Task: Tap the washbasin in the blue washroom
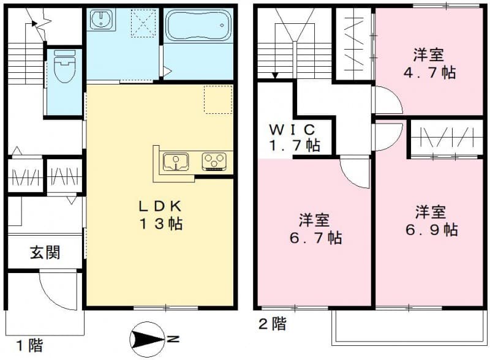pos(99,21)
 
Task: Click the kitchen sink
pos(176,162)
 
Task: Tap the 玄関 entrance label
pos(45,252)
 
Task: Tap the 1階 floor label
pos(29,346)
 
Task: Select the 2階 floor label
pos(271,324)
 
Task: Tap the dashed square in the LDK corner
pos(218,99)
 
